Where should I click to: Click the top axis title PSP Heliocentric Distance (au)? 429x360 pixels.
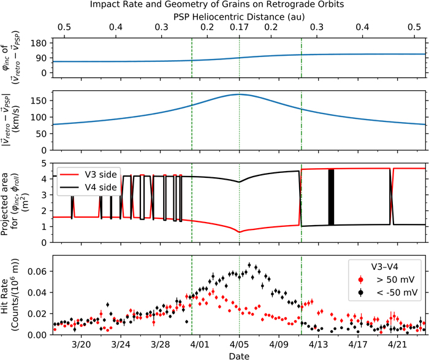238,17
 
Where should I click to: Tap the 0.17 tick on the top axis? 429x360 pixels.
238,29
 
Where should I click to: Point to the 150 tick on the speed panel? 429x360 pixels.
41,99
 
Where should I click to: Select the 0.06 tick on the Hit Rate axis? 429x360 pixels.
38,270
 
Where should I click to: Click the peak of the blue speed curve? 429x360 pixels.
239,94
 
